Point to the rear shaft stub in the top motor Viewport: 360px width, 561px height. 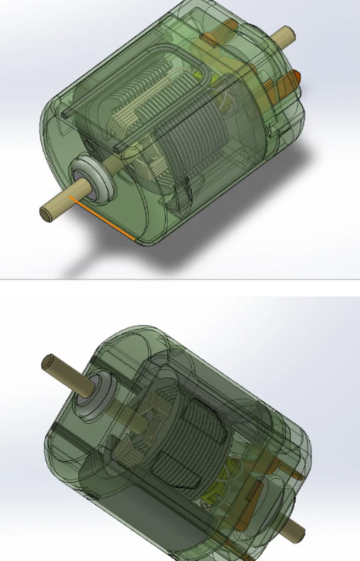coord(283,36)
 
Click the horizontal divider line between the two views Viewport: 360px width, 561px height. coord(180,279)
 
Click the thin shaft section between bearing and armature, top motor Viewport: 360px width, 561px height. coord(117,165)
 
